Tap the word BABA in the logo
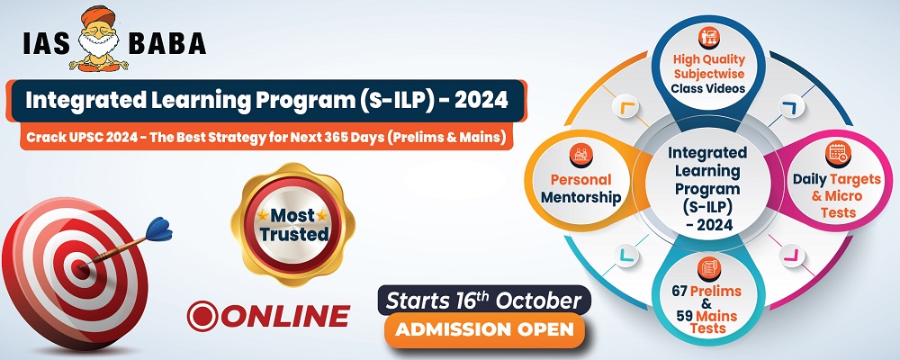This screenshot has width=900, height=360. coord(167,43)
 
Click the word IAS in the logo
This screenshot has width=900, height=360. coord(47,43)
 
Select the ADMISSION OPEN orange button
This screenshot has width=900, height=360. coord(484,329)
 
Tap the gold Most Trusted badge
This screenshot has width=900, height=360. coord(292,224)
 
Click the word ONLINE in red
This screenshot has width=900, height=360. coord(285,316)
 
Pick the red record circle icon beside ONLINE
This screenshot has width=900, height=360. coord(202,316)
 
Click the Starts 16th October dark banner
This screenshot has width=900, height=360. coord(484,301)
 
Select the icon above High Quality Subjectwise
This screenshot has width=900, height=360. coord(709,38)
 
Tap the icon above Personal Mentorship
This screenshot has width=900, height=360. coord(580,155)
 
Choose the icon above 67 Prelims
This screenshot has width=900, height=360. coord(708,268)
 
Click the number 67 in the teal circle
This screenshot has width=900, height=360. coord(680,291)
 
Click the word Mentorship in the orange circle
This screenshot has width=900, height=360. coord(581,197)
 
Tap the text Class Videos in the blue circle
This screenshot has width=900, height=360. coord(709,88)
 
